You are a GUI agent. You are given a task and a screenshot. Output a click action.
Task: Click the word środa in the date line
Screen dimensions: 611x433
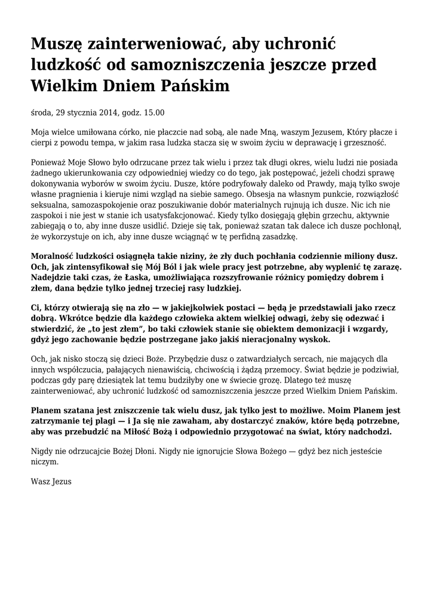tap(41, 112)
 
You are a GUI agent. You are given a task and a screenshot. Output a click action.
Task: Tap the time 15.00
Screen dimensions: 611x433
tap(154, 112)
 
